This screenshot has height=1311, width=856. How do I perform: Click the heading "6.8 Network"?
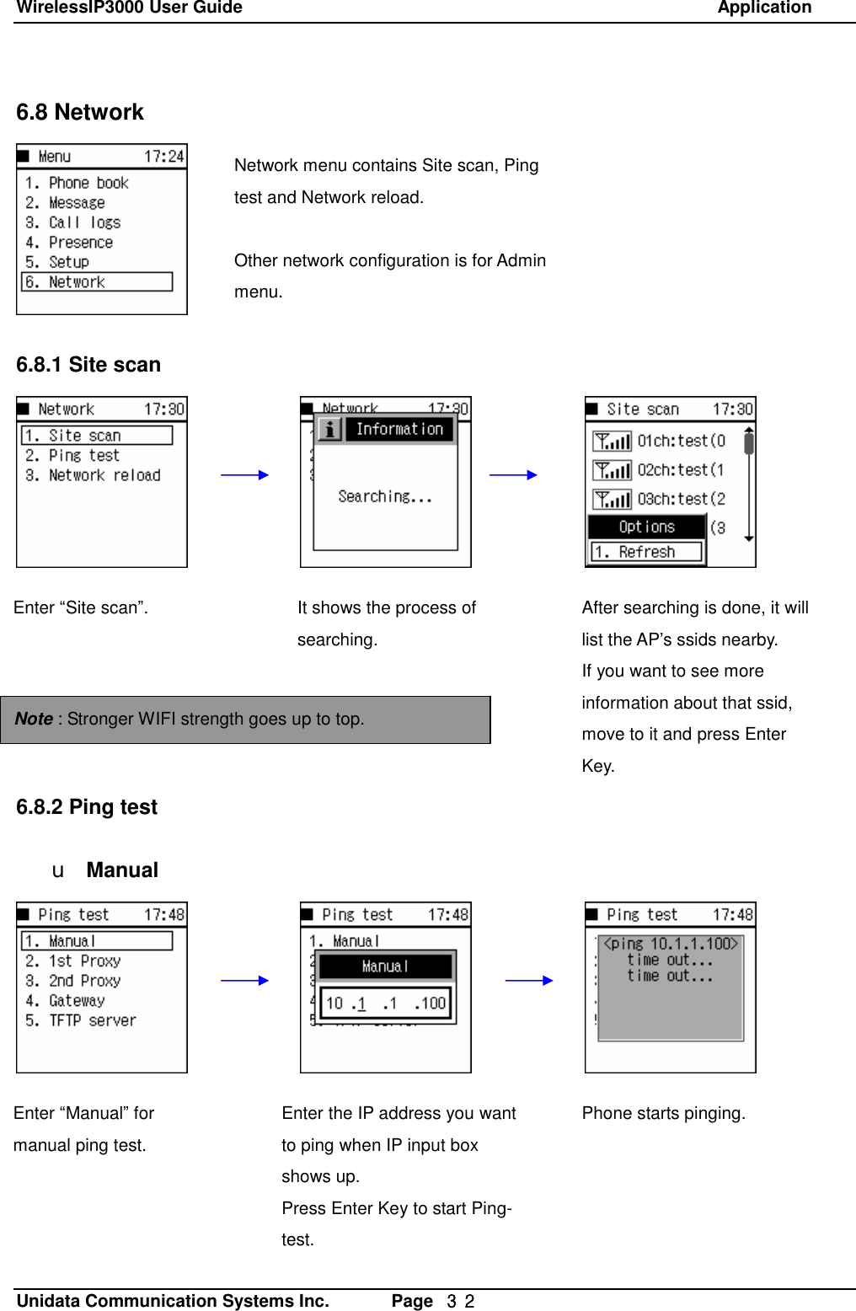point(80,112)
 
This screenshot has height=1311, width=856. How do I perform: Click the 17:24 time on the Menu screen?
point(163,157)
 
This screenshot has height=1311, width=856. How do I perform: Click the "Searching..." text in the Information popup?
point(384,497)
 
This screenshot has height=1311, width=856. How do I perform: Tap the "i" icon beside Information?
point(329,430)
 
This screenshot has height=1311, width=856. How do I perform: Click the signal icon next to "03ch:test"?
point(612,500)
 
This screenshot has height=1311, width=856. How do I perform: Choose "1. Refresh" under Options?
point(646,552)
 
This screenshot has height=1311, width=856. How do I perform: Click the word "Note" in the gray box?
point(34,719)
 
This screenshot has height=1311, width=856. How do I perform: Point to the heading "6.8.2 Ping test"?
point(87,807)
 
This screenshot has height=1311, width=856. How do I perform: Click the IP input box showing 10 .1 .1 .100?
point(386,1003)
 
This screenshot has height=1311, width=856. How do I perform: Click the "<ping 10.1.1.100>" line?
point(671,944)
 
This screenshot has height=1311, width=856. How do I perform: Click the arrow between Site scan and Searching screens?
point(244,475)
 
